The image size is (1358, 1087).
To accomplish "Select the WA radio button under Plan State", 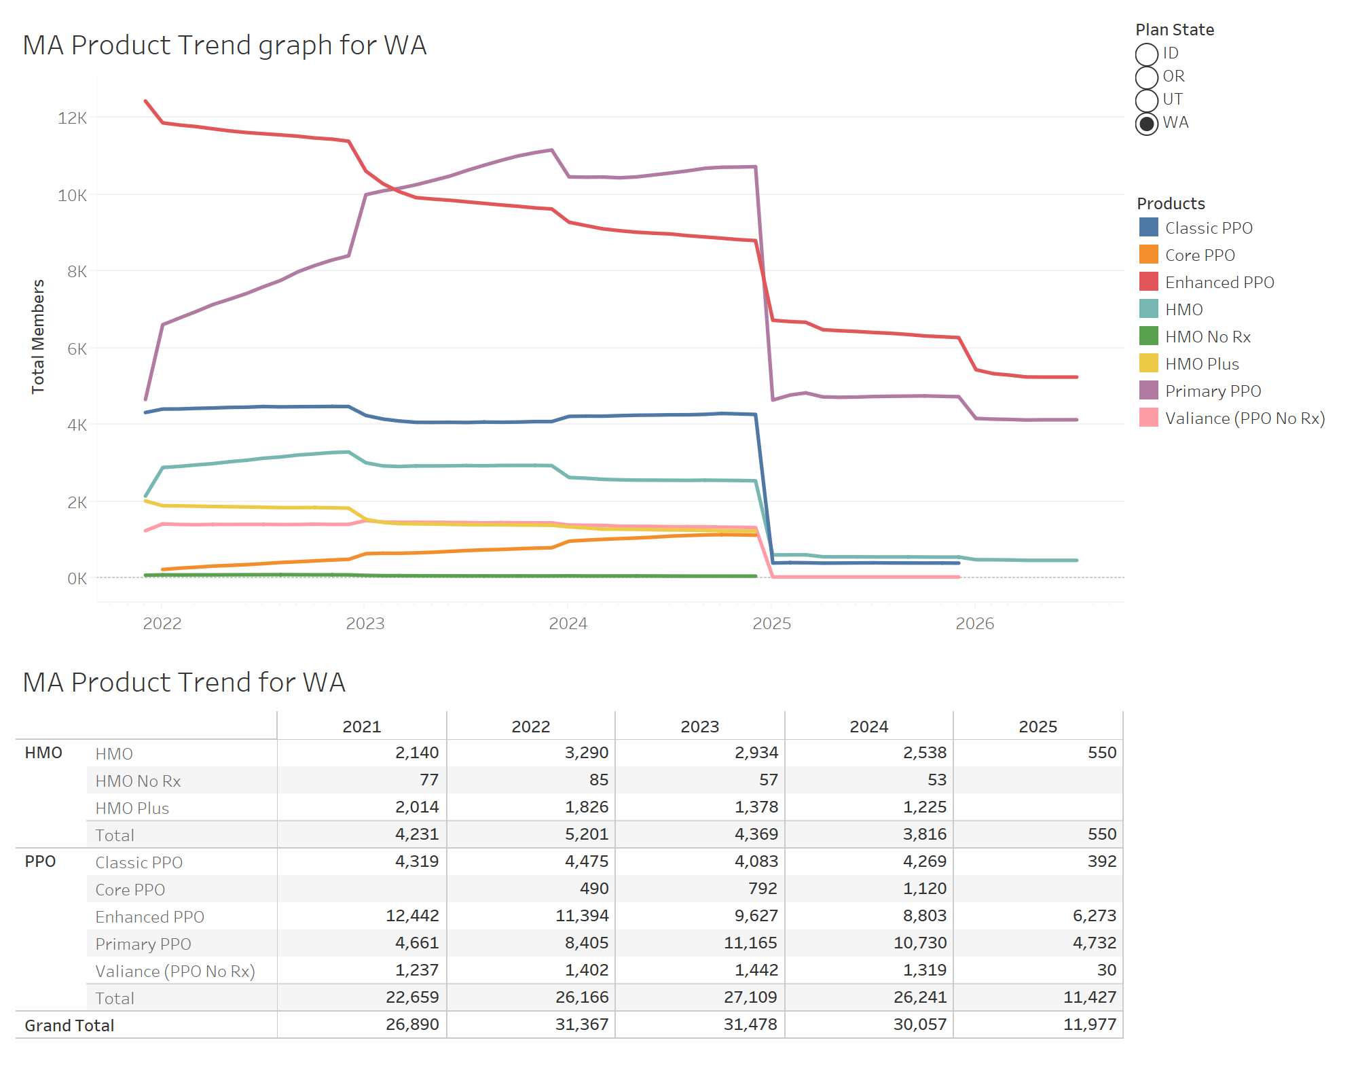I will point(1147,124).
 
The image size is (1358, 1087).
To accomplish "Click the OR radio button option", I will point(1147,77).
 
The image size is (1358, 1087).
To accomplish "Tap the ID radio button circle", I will point(1147,54).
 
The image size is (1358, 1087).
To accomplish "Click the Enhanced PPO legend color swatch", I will point(1148,282).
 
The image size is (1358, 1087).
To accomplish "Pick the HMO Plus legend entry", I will point(1202,364).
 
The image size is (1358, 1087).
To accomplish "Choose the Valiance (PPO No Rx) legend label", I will point(1245,418).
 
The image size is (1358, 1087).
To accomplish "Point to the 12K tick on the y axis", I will point(73,118).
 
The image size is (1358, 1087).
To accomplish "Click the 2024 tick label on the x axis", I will point(568,624).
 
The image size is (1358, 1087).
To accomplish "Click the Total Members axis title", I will point(38,336).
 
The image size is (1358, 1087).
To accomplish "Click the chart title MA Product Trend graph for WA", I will point(225,46).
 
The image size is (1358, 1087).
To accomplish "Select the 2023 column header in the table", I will point(699,727).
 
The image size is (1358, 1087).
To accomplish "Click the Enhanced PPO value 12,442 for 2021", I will point(412,916).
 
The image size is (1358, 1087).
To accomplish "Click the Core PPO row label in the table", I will point(130,890).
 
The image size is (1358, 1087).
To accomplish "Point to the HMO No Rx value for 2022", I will point(598,780).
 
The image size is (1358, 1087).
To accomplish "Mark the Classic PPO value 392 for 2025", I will point(1101,861).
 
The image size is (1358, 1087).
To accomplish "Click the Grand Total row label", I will point(69,1026).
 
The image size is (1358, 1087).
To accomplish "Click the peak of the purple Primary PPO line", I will point(551,150).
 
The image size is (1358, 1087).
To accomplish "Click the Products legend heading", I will point(1171,204).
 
